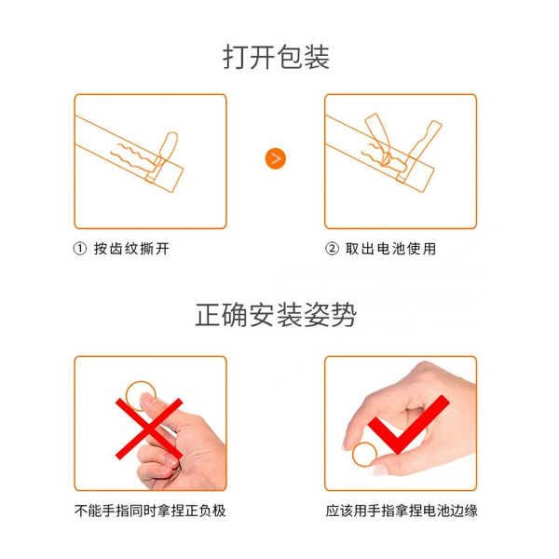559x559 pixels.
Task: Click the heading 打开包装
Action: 277,57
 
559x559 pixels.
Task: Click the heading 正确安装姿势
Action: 276,315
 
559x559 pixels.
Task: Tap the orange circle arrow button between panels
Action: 276,158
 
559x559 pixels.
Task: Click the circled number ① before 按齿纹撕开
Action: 80,249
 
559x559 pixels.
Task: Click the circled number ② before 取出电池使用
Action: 332,249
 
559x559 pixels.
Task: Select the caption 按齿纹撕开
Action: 131,249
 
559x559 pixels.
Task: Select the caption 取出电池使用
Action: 390,249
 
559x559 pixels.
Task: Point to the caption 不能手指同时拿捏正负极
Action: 150,511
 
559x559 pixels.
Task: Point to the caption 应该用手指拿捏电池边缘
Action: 402,511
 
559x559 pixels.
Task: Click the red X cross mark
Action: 149,429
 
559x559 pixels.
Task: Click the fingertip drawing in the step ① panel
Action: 167,149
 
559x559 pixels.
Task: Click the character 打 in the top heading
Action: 236,57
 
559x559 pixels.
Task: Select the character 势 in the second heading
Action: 344,315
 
